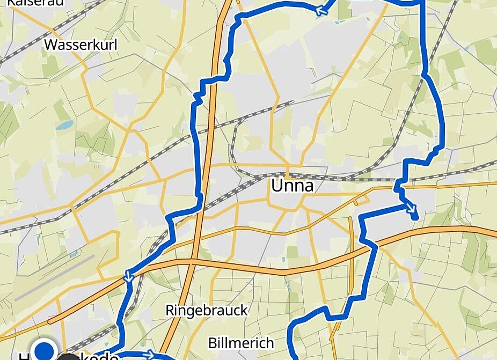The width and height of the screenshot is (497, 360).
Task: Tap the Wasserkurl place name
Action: (81, 45)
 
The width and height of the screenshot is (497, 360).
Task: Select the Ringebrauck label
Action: (207, 310)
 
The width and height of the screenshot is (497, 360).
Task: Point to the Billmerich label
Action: (241, 343)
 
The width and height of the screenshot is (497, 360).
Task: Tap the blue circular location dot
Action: (45, 350)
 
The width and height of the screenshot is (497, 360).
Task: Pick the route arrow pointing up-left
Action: (323, 10)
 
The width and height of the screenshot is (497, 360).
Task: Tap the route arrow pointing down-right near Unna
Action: (411, 208)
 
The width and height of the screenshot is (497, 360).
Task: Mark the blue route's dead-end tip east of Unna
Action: (415, 217)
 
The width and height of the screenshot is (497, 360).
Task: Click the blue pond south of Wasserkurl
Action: (64, 125)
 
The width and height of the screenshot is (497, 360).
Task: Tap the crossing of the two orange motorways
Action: (192, 262)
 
